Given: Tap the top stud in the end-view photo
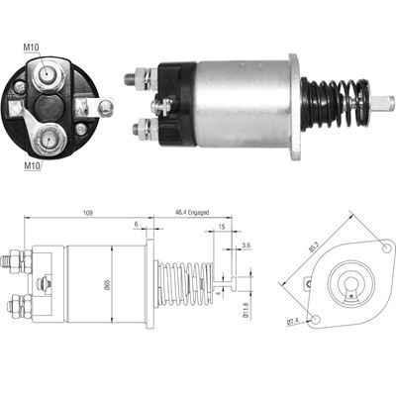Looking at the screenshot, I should point(45,71).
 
